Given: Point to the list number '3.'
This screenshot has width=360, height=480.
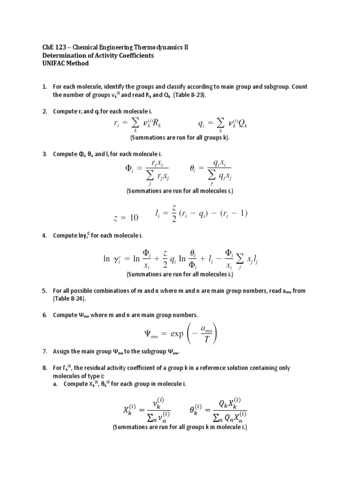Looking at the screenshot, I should pyautogui.click(x=45, y=154).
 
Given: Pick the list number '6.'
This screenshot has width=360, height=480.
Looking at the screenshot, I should pyautogui.click(x=45, y=315).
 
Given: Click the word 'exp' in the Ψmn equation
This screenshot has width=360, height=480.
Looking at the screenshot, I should pyautogui.click(x=177, y=335).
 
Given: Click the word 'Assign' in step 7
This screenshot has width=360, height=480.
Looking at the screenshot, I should pyautogui.click(x=62, y=352).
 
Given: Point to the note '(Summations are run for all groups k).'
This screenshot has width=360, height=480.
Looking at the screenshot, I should pyautogui.click(x=180, y=138).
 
